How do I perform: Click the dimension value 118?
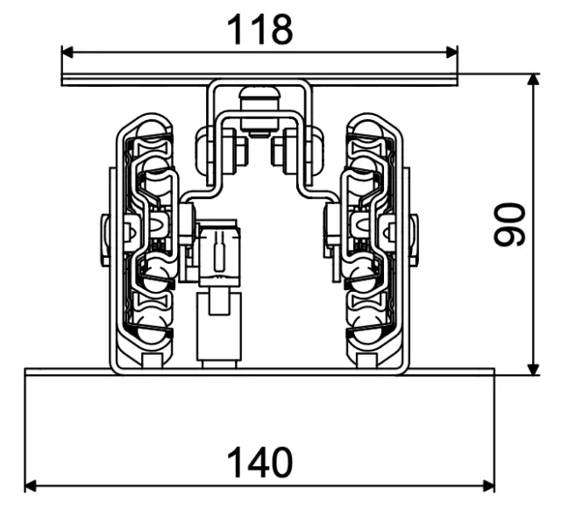coord(259,31)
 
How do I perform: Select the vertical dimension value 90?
coord(511,224)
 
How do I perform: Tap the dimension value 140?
coord(259,462)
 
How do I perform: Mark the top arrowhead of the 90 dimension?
coord(532,80)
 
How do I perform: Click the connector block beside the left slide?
coord(217,254)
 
